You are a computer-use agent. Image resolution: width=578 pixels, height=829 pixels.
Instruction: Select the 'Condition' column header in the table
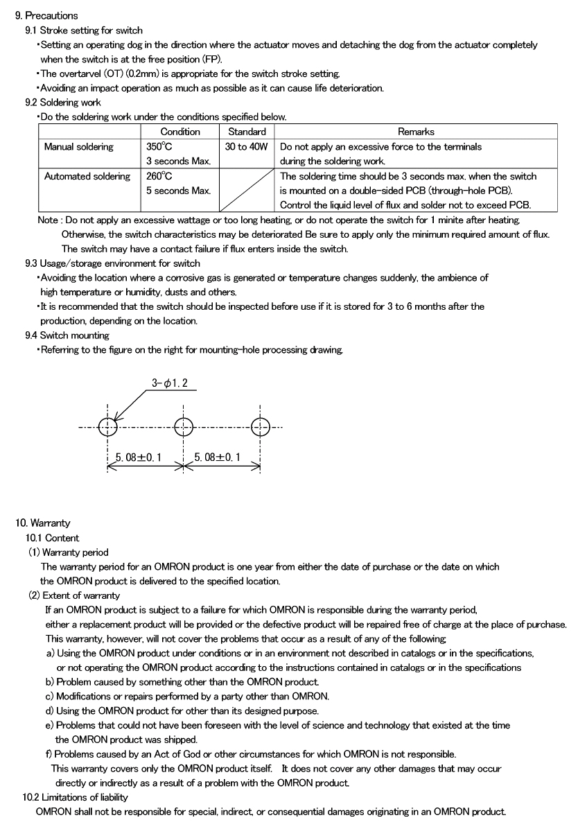pyautogui.click(x=180, y=132)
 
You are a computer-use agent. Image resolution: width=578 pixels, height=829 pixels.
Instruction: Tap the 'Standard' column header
pyautogui.click(x=247, y=132)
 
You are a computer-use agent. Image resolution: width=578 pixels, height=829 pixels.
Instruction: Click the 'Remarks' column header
pyautogui.click(x=416, y=132)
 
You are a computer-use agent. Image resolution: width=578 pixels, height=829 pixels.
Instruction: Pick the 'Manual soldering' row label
pyautogui.click(x=79, y=147)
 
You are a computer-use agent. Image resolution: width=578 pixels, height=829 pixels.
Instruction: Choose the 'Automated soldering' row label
pyautogui.click(x=87, y=177)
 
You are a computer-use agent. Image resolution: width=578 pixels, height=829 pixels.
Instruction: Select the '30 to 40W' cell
pyautogui.click(x=246, y=147)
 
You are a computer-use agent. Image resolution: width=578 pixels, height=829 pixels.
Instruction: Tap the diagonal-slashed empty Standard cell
pyautogui.click(x=247, y=190)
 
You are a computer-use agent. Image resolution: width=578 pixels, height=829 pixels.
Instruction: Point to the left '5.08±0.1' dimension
pyautogui.click(x=138, y=457)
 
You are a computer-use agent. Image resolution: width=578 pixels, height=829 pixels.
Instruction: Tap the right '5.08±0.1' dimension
pyautogui.click(x=218, y=457)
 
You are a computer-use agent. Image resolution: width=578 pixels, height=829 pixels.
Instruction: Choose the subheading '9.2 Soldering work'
pyautogui.click(x=62, y=103)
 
